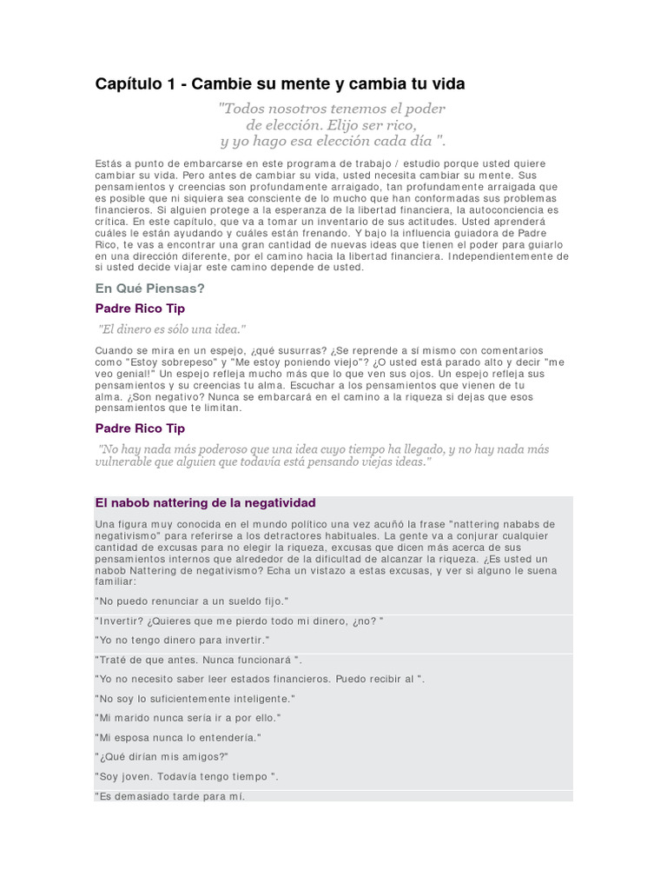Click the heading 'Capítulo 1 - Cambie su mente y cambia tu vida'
280,84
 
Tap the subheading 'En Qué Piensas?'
149,288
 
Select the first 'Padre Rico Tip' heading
139,309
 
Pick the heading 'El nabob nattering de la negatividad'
205,503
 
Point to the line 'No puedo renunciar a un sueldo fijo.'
191,601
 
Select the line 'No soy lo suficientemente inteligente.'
195,698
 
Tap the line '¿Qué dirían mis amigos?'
162,757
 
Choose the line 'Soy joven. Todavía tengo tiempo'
186,776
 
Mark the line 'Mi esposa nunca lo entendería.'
178,737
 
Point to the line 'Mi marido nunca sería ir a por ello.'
188,718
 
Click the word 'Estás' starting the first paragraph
109,164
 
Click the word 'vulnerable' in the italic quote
125,462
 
